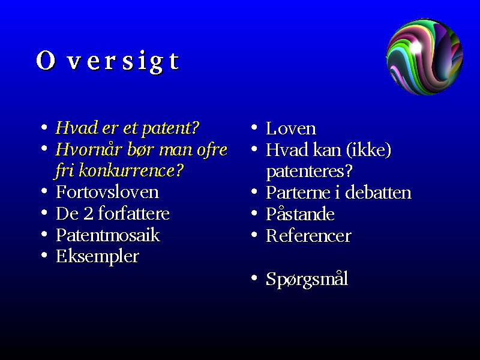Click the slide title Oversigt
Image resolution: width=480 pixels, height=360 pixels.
(x=108, y=61)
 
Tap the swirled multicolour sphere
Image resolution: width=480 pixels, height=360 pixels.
(x=425, y=56)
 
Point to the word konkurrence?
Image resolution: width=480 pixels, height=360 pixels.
(x=131, y=171)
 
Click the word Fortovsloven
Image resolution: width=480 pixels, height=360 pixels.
(x=107, y=192)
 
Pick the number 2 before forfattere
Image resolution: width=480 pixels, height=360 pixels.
(x=88, y=214)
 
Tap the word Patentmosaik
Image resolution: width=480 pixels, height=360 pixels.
(x=108, y=235)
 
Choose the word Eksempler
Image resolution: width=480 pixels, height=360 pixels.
(x=97, y=257)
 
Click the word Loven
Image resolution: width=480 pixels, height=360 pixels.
(x=291, y=128)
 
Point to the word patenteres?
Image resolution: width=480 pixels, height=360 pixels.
(x=309, y=172)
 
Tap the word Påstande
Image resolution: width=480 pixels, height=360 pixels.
(x=300, y=214)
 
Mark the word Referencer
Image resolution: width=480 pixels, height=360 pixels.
(x=308, y=236)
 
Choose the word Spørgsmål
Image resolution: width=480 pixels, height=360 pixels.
(x=307, y=279)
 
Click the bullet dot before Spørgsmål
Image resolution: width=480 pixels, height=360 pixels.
(x=254, y=278)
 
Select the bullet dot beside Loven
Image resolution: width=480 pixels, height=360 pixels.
(x=254, y=127)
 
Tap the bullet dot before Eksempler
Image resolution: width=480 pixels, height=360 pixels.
(x=44, y=256)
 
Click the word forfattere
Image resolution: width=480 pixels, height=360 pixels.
(x=134, y=214)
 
